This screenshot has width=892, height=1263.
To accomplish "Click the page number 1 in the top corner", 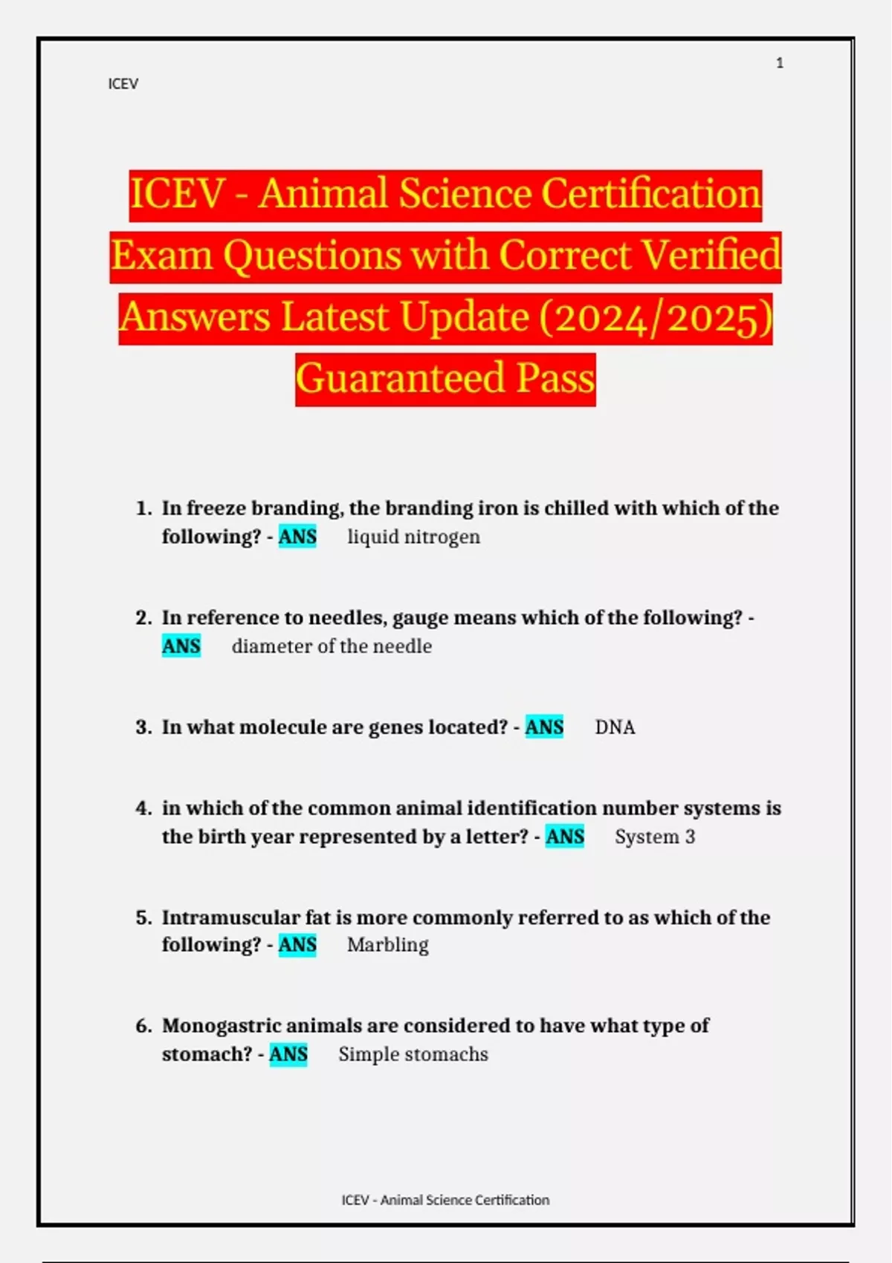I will click(x=780, y=63).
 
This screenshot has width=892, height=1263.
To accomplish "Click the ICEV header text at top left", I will click(x=123, y=84).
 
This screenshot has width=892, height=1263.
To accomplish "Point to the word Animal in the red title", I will click(x=323, y=195).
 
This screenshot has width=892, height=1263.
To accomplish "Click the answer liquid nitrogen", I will click(x=413, y=536).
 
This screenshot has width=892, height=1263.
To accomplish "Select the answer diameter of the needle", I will click(x=332, y=646).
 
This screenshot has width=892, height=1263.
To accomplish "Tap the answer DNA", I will click(x=615, y=727).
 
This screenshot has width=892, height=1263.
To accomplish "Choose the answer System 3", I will click(x=655, y=837).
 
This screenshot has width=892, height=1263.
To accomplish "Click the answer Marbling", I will click(x=387, y=945).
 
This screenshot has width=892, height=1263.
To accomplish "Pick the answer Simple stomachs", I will click(x=413, y=1054).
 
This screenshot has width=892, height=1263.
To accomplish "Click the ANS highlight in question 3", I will click(x=544, y=727).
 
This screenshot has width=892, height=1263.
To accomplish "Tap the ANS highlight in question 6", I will click(x=288, y=1054).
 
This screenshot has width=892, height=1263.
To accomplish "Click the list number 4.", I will click(x=143, y=808).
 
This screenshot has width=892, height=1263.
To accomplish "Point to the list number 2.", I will click(x=143, y=618).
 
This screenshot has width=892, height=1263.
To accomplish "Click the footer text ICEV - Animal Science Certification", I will click(x=445, y=1200).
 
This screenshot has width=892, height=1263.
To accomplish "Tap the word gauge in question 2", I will click(x=420, y=618).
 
